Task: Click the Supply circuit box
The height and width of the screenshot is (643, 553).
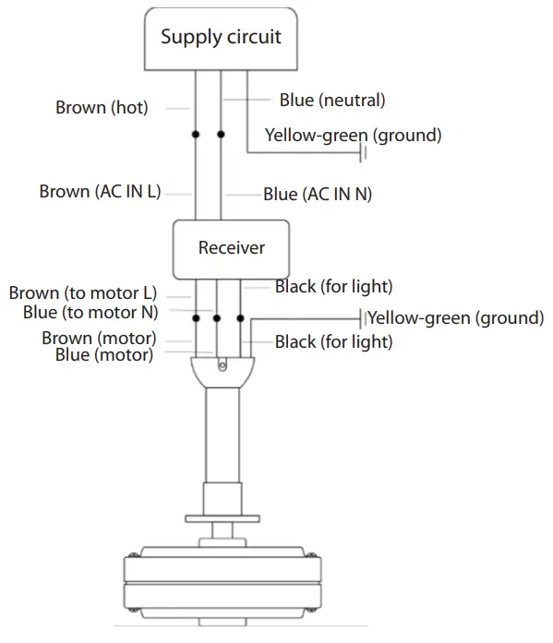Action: pyautogui.click(x=221, y=39)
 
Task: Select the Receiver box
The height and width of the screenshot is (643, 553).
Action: pyautogui.click(x=231, y=247)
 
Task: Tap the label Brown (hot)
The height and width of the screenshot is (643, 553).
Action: pyautogui.click(x=102, y=108)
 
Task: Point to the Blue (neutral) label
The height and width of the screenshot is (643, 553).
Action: pyautogui.click(x=332, y=99)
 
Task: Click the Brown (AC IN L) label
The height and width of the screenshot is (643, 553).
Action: pyautogui.click(x=101, y=192)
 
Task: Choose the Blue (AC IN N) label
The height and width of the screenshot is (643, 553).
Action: pyautogui.click(x=318, y=194)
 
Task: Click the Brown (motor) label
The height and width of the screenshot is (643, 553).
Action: pyautogui.click(x=99, y=338)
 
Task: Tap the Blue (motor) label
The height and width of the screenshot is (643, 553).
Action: pyautogui.click(x=104, y=353)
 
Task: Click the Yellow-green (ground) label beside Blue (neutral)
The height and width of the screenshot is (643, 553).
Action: pyautogui.click(x=353, y=135)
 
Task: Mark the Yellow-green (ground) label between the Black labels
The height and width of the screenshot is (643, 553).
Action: pyautogui.click(x=455, y=318)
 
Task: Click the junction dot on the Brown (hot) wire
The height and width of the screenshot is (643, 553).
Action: pyautogui.click(x=196, y=135)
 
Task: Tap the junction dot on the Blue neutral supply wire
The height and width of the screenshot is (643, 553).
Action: pyautogui.click(x=221, y=135)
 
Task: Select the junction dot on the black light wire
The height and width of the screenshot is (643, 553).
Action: pyautogui.click(x=242, y=318)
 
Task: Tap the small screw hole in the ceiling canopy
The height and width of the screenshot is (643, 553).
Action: pyautogui.click(x=222, y=366)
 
